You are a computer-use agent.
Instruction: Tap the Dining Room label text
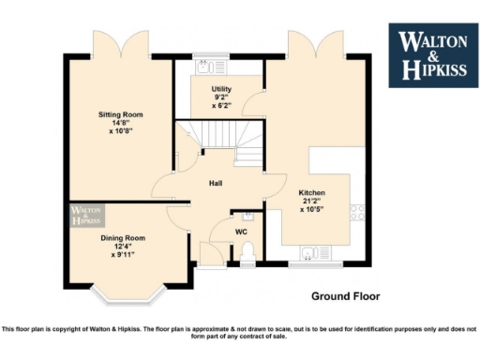[123, 238]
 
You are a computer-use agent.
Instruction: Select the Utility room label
[221, 89]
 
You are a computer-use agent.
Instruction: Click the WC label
[242, 231]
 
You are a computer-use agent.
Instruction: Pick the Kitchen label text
[313, 191]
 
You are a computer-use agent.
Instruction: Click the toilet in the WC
[247, 252]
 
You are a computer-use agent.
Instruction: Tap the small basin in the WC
[235, 217]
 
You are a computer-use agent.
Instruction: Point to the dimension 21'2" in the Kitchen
[313, 201]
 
